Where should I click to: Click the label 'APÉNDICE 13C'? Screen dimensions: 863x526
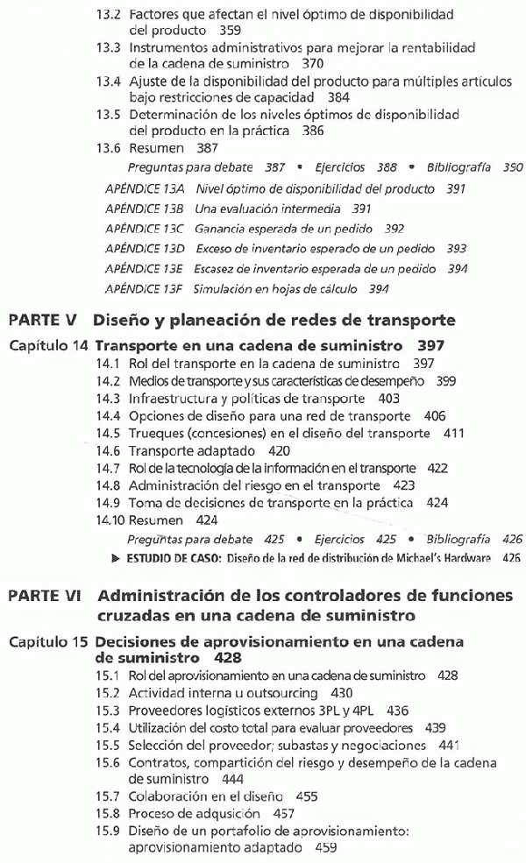pos(144,229)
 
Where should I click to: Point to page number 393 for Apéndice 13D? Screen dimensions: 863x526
pos(456,249)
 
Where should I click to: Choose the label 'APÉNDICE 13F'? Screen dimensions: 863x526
pos(144,288)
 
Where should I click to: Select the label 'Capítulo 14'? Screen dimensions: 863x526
pos(48,344)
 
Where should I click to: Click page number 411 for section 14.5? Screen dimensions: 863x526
pos(454,434)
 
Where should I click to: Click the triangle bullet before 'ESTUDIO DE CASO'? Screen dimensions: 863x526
pos(116,558)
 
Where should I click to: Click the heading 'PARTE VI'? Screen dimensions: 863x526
pos(46,597)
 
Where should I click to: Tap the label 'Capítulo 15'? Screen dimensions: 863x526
pos(48,642)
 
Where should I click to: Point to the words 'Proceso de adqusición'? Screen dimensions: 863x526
pos(195,814)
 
